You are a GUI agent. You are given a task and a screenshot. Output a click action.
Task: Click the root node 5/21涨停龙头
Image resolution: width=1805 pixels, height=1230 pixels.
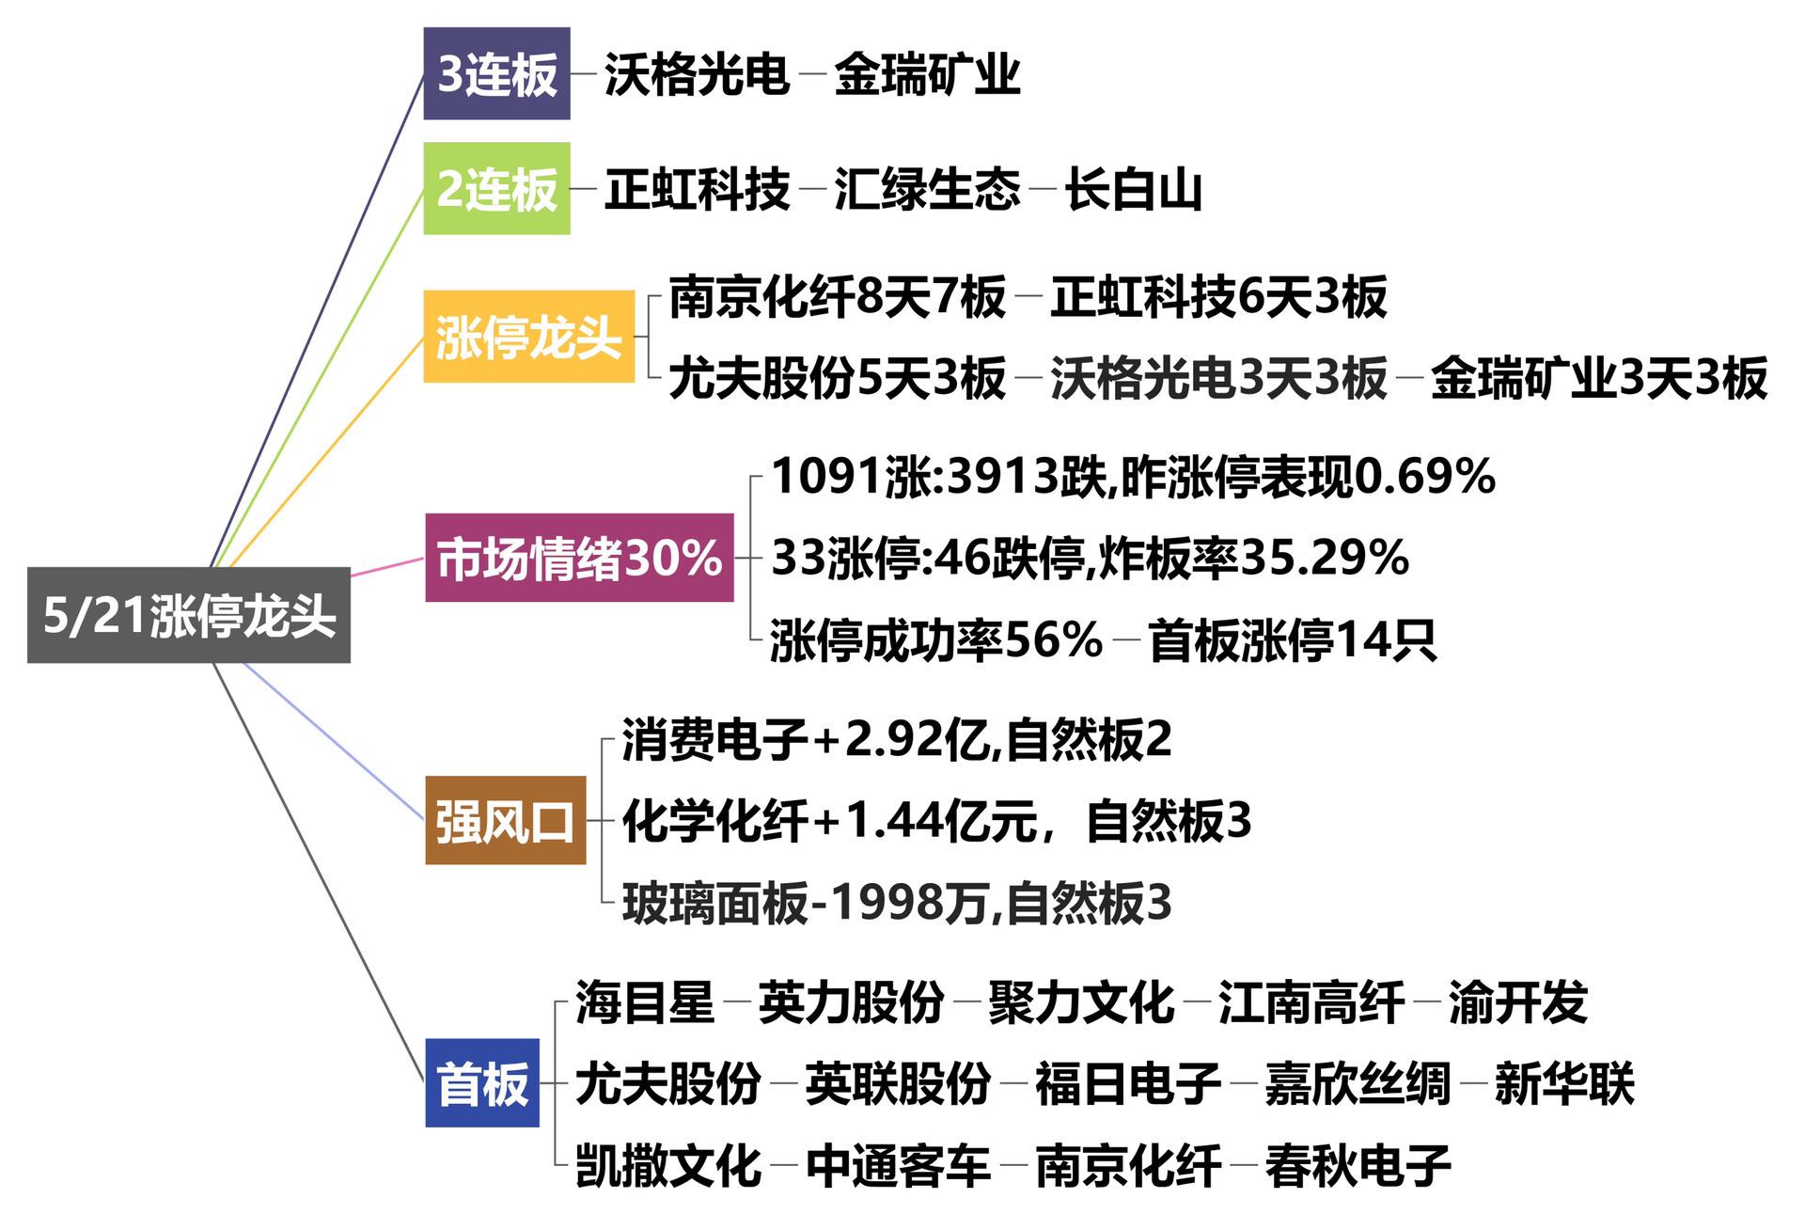[x=189, y=615]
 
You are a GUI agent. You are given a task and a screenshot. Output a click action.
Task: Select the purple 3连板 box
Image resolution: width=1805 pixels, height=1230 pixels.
[x=496, y=73]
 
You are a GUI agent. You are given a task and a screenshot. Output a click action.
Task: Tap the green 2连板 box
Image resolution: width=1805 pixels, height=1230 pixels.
[x=496, y=188]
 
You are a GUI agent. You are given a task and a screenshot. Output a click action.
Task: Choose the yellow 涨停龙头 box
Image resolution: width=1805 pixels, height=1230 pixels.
[x=528, y=337]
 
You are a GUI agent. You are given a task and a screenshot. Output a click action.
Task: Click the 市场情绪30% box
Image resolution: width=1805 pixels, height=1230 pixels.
[x=579, y=558]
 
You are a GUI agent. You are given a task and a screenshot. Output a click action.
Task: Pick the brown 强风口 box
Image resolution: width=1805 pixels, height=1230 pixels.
[x=505, y=820]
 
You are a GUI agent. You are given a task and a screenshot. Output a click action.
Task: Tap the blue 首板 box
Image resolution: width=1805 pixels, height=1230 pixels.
[x=482, y=1082]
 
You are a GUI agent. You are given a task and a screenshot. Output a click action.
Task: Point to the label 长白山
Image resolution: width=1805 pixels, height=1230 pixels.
[x=1134, y=189]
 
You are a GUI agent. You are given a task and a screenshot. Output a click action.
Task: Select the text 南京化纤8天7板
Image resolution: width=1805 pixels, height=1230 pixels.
[x=837, y=297]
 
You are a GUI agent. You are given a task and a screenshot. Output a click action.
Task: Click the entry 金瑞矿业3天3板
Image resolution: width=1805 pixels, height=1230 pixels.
[x=1598, y=378]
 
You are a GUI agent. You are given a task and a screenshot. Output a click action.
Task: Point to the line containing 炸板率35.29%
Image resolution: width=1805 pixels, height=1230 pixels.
[x=1090, y=558]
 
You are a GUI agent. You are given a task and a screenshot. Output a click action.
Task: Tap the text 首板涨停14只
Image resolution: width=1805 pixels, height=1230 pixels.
[x=1292, y=640]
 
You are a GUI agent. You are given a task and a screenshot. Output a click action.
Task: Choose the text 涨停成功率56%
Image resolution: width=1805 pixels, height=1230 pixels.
[x=935, y=640]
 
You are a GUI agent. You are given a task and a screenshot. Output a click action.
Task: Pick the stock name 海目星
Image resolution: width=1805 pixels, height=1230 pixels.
[x=645, y=1001]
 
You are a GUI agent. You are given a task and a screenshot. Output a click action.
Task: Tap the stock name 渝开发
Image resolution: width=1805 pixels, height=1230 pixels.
[x=1517, y=1001]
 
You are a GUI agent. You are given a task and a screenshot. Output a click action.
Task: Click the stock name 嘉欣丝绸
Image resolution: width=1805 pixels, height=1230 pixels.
[x=1358, y=1083]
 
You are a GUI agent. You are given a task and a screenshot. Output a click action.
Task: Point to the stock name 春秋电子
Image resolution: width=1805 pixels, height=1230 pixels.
[x=1358, y=1165]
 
